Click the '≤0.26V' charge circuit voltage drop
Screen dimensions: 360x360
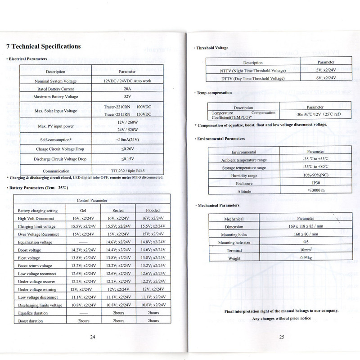tap(127, 149)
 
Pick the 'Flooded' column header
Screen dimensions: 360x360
tap(153, 210)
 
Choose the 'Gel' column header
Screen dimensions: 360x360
tap(84, 210)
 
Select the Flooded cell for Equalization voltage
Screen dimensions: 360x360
tap(153, 242)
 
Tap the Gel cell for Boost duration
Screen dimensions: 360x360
tap(84, 321)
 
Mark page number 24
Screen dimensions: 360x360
tap(92, 337)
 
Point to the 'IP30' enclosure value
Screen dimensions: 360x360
tap(309, 184)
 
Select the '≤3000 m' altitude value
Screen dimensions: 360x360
tap(309, 191)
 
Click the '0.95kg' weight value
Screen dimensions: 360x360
tap(306, 258)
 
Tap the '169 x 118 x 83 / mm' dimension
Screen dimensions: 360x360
tap(306, 226)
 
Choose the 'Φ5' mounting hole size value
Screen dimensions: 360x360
tap(306, 243)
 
